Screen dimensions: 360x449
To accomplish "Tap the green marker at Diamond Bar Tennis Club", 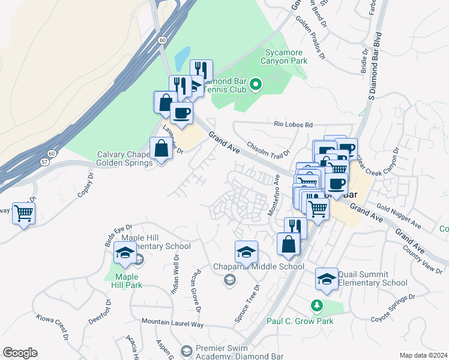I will pyautogui.click(x=257, y=85).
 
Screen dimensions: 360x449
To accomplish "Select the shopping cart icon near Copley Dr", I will pyautogui.click(x=23, y=213).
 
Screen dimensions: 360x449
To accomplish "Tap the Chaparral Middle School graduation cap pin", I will pyautogui.click(x=246, y=252).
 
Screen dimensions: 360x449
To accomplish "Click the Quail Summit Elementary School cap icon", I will pyautogui.click(x=327, y=279).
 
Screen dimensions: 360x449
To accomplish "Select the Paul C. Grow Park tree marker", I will pyautogui.click(x=317, y=306).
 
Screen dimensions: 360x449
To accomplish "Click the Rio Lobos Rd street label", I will pyautogui.click(x=294, y=125).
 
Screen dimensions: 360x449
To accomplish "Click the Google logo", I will pyautogui.click(x=20, y=353).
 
